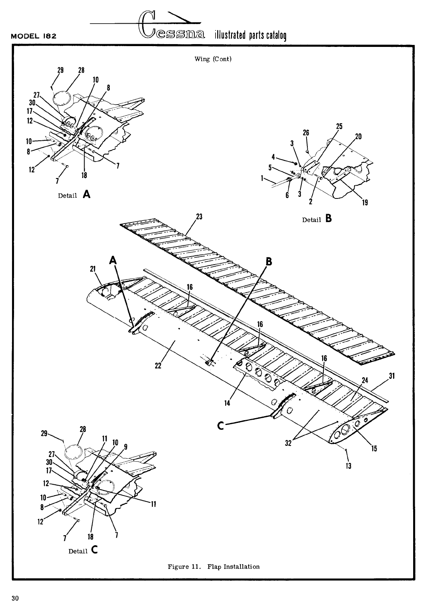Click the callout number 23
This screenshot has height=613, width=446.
pyautogui.click(x=198, y=217)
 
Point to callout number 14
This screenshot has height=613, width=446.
pyautogui.click(x=227, y=403)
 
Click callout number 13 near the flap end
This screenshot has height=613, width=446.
pyautogui.click(x=349, y=466)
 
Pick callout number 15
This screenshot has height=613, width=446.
pyautogui.click(x=374, y=449)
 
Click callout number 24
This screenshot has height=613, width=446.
pyautogui.click(x=365, y=380)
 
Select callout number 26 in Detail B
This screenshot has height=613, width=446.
pyautogui.click(x=306, y=133)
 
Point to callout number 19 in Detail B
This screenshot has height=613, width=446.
pyautogui.click(x=365, y=202)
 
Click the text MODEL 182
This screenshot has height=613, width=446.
pyautogui.click(x=34, y=36)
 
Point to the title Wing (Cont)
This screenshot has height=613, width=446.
pyautogui.click(x=213, y=59)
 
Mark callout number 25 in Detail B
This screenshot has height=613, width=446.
pyautogui.click(x=339, y=126)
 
